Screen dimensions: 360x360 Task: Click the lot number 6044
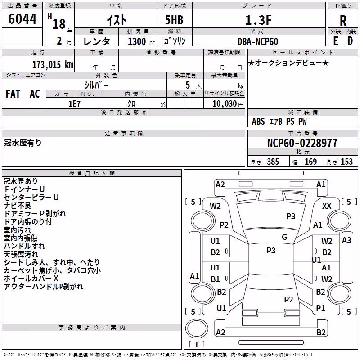tap(22, 18)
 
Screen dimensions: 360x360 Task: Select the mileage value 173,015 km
tap(53, 65)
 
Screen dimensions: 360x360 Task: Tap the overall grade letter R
tap(343, 21)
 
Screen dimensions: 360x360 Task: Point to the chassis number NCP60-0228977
tap(302, 143)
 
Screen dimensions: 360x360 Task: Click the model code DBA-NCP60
tap(258, 41)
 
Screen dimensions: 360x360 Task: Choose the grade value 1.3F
tap(258, 20)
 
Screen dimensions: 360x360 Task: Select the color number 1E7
tap(74, 104)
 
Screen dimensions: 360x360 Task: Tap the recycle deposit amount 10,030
tap(225, 104)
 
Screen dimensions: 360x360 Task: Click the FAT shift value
tap(13, 94)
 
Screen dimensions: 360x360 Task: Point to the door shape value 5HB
tap(174, 20)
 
